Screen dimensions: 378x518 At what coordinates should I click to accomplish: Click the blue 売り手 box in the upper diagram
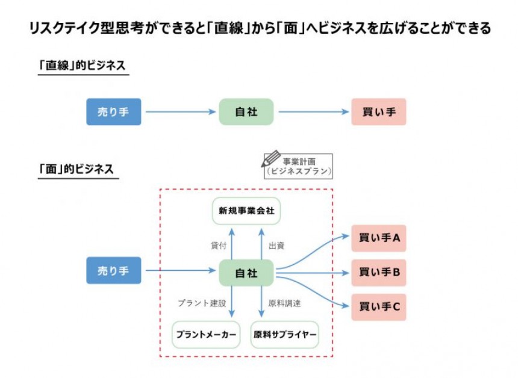113,112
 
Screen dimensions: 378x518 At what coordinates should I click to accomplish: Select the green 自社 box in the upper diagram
246,112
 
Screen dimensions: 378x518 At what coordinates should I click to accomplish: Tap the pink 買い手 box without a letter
378,112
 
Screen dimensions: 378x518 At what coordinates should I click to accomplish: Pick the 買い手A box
378,238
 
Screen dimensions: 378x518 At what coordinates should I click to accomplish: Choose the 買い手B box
378,272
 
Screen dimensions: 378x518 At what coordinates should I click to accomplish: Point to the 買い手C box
378,306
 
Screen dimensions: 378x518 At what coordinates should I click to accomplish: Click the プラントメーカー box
206,335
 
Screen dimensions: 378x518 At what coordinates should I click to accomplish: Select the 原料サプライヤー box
284,335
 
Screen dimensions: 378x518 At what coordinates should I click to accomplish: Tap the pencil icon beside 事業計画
270,159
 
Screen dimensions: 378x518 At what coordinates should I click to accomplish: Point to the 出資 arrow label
276,246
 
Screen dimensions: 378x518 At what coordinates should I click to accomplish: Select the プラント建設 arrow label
202,303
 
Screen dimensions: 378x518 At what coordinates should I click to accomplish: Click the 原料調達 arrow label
284,303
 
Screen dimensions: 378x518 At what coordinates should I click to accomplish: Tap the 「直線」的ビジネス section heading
82,66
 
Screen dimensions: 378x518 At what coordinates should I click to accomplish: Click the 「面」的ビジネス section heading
76,169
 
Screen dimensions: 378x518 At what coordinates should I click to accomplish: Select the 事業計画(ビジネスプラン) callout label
299,166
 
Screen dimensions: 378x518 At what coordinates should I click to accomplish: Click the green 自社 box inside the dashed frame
246,273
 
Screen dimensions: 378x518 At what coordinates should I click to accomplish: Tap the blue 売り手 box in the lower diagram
113,271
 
